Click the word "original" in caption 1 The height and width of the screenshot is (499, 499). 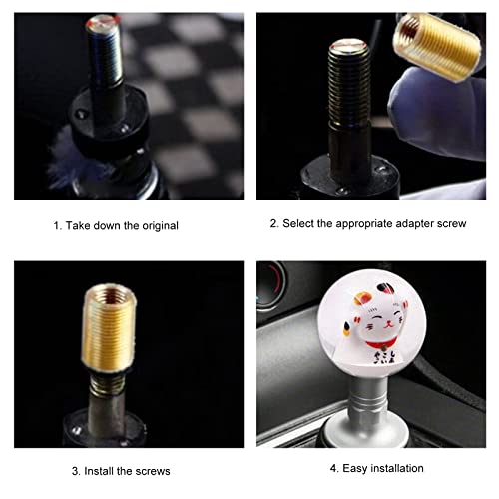(155, 226)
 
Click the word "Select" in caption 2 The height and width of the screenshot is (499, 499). (301, 223)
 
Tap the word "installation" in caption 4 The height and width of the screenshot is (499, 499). (389, 468)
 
